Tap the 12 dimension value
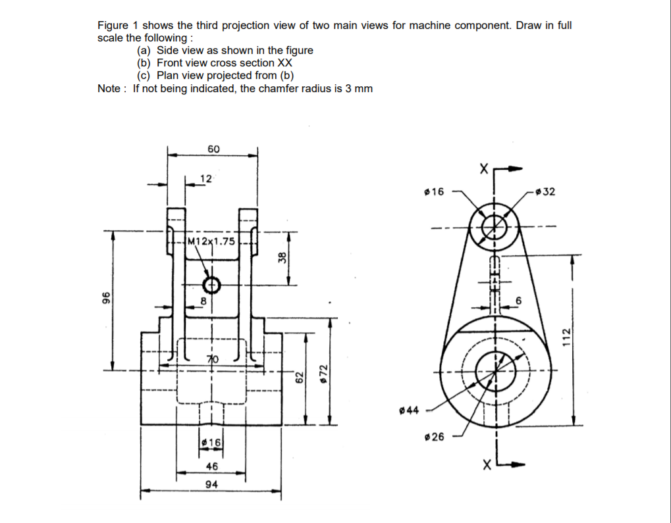click(x=206, y=178)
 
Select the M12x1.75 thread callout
click(x=211, y=241)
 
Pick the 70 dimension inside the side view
click(x=212, y=359)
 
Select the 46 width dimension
click(x=211, y=466)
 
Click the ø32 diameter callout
click(x=545, y=192)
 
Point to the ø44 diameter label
click(x=409, y=411)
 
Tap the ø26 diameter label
click(x=435, y=437)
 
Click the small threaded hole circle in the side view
click(x=211, y=286)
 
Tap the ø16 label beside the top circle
click(x=435, y=192)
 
